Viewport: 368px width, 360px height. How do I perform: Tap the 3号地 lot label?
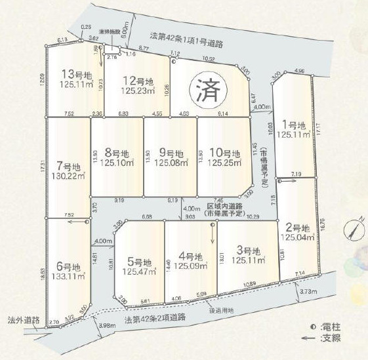coord(249,251)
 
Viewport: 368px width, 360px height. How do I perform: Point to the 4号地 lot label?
coord(191,256)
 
